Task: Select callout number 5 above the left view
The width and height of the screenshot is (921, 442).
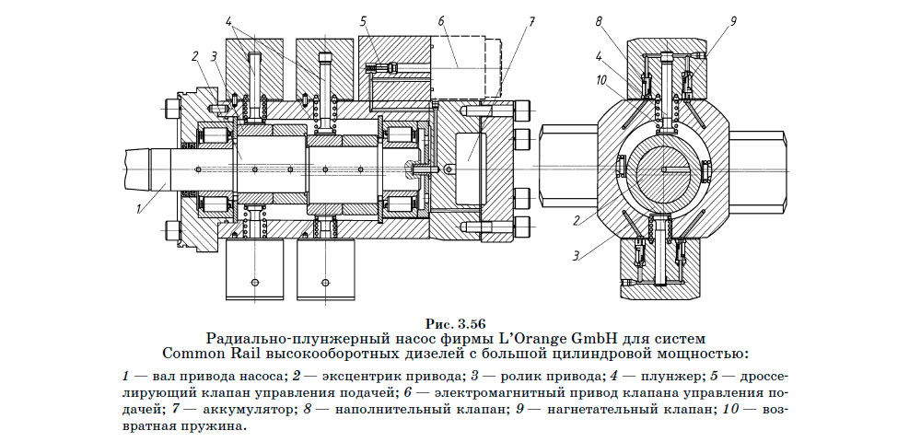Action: (364, 19)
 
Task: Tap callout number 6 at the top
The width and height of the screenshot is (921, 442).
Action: (441, 19)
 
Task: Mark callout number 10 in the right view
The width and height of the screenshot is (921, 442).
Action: (600, 80)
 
